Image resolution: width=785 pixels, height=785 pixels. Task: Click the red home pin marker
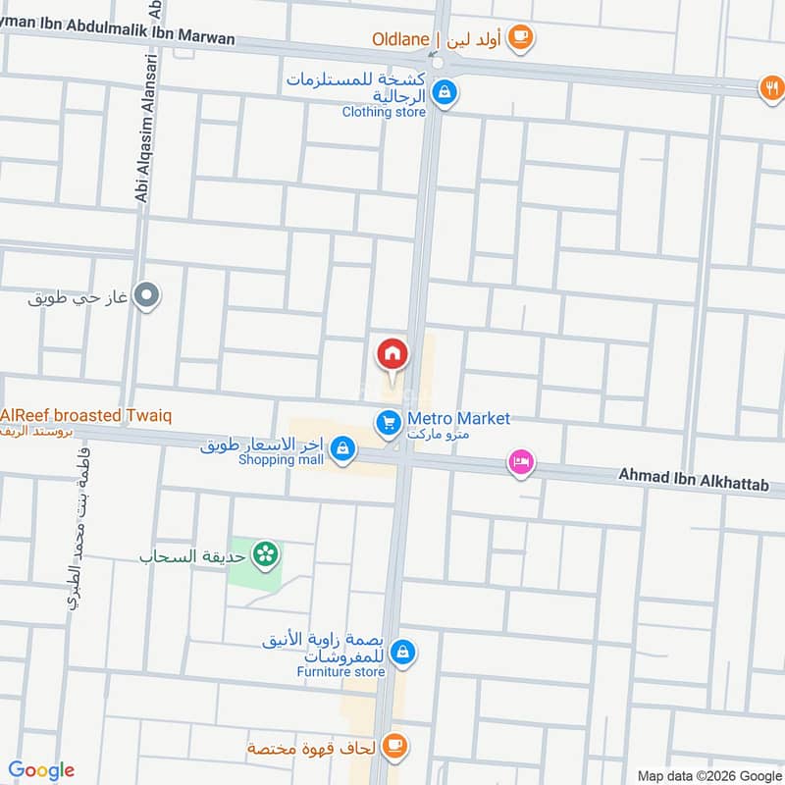coord(391,353)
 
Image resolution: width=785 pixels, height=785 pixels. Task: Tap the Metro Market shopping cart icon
coord(388,423)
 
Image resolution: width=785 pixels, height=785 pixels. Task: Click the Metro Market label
coord(458,419)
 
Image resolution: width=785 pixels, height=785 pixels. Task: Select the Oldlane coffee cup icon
coord(521,38)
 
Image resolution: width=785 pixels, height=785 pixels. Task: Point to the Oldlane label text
coord(399,39)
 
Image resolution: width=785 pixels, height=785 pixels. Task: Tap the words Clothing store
coord(384,112)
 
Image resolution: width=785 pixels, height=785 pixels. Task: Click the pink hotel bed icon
coord(520,461)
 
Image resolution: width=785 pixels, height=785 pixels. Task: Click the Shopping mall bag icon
coord(341,448)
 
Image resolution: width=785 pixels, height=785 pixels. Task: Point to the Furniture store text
coord(340,672)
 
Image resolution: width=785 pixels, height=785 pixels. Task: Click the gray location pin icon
coord(147,293)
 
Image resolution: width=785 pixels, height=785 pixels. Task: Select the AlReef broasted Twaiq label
coord(86,416)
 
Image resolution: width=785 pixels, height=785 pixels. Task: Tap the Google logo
coord(41,770)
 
